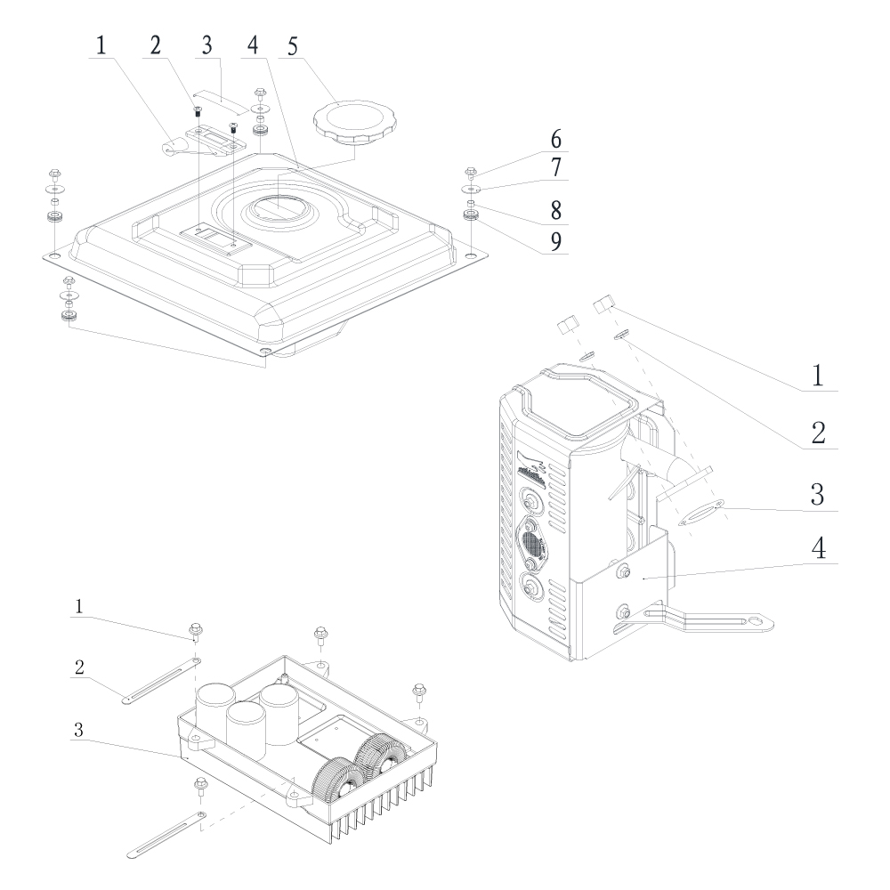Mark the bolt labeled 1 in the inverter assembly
click(195, 631)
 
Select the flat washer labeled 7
click(469, 189)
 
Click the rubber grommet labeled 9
click(469, 215)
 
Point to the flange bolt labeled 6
click(470, 172)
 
